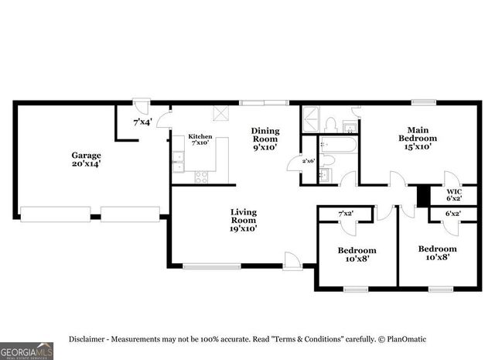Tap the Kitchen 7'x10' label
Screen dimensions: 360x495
point(200,140)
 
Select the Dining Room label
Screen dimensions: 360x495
point(265,138)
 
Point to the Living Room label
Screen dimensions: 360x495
point(244,220)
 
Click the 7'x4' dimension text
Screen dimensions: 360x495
point(142,122)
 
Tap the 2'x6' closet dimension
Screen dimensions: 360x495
point(308,160)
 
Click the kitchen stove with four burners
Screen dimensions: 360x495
point(201,177)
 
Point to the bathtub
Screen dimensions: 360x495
point(338,146)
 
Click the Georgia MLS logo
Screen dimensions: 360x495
point(26,350)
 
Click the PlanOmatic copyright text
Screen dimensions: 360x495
point(401,339)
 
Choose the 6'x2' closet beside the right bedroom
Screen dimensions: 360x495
point(453,213)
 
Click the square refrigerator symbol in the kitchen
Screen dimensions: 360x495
point(220,114)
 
